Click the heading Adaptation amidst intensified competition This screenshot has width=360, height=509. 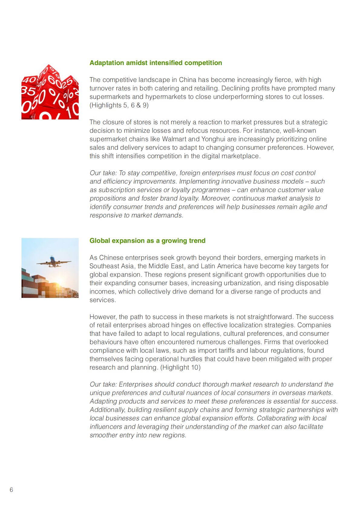point(155,63)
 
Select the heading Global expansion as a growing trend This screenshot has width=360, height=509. point(147,241)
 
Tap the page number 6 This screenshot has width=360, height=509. point(11,490)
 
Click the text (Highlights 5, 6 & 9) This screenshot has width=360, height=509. point(119,105)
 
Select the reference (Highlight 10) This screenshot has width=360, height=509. point(180,367)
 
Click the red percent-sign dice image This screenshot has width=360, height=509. point(50,92)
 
